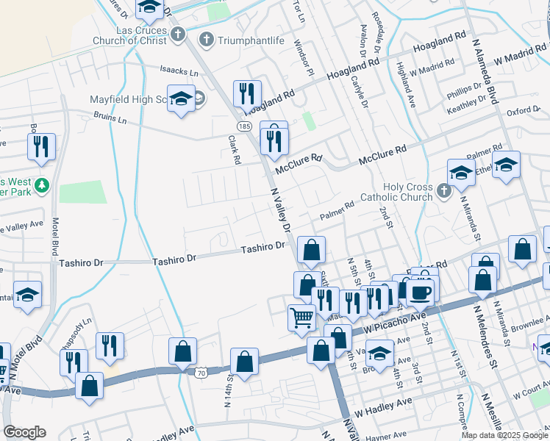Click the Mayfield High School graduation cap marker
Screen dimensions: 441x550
coord(180,100)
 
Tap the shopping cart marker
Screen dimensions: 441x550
coord(301,318)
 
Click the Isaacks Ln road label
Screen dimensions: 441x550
coord(179,73)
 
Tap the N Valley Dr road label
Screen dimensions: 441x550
coord(282,209)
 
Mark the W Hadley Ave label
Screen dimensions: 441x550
coord(383,403)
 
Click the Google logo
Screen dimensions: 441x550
coord(24,432)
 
